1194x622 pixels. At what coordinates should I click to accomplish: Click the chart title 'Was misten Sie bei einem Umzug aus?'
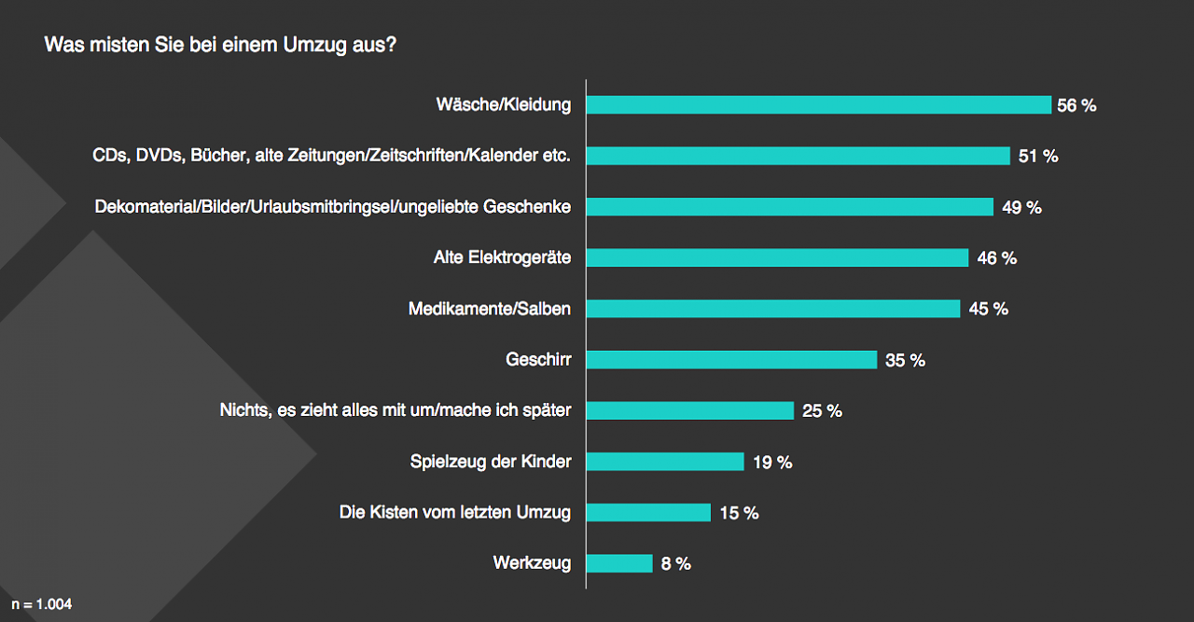point(220,45)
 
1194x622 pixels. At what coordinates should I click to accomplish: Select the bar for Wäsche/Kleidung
point(818,105)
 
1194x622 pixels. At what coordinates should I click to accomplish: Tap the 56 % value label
point(1076,106)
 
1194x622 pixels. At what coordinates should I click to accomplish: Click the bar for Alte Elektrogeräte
point(777,258)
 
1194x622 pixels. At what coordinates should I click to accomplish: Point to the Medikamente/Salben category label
point(490,309)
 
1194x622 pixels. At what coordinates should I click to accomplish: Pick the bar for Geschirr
point(731,360)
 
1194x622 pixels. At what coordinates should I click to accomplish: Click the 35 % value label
point(905,360)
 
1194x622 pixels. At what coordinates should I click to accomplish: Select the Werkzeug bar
point(619,563)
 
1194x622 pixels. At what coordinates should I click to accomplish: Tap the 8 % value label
point(675,563)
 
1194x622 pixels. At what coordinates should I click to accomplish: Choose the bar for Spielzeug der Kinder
point(665,462)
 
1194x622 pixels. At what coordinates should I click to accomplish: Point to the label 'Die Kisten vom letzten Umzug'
point(455,512)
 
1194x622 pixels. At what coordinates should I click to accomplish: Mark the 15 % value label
point(739,513)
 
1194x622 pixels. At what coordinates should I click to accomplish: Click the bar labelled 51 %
point(798,156)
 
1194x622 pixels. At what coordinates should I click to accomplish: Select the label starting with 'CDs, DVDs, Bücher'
point(331,157)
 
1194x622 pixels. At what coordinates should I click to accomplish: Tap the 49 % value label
point(1021,208)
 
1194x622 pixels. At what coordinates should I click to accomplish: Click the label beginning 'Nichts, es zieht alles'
point(396,410)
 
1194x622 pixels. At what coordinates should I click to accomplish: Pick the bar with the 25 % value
point(690,410)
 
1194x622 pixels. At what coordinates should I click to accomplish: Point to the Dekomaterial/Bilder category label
point(333,207)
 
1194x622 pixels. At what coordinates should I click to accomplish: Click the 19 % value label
point(772,462)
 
